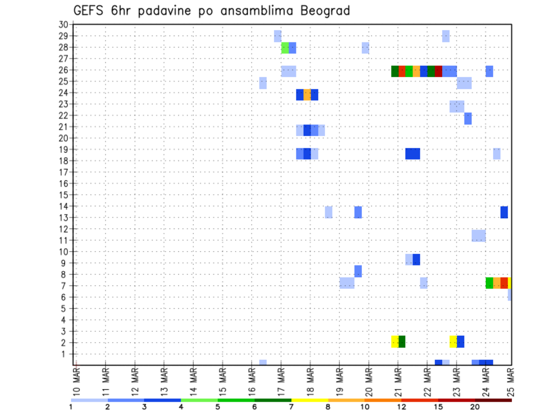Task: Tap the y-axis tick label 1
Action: pos(65,354)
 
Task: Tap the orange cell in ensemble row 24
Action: pos(307,94)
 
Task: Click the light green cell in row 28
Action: pos(285,48)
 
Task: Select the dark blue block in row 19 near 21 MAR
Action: pos(413,153)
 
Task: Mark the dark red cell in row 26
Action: pos(438,71)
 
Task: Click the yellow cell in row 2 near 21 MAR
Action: pos(395,341)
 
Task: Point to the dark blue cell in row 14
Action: pos(504,212)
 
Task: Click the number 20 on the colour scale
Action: pos(475,406)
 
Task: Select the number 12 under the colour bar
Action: pos(401,406)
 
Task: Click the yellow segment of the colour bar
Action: pos(309,400)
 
